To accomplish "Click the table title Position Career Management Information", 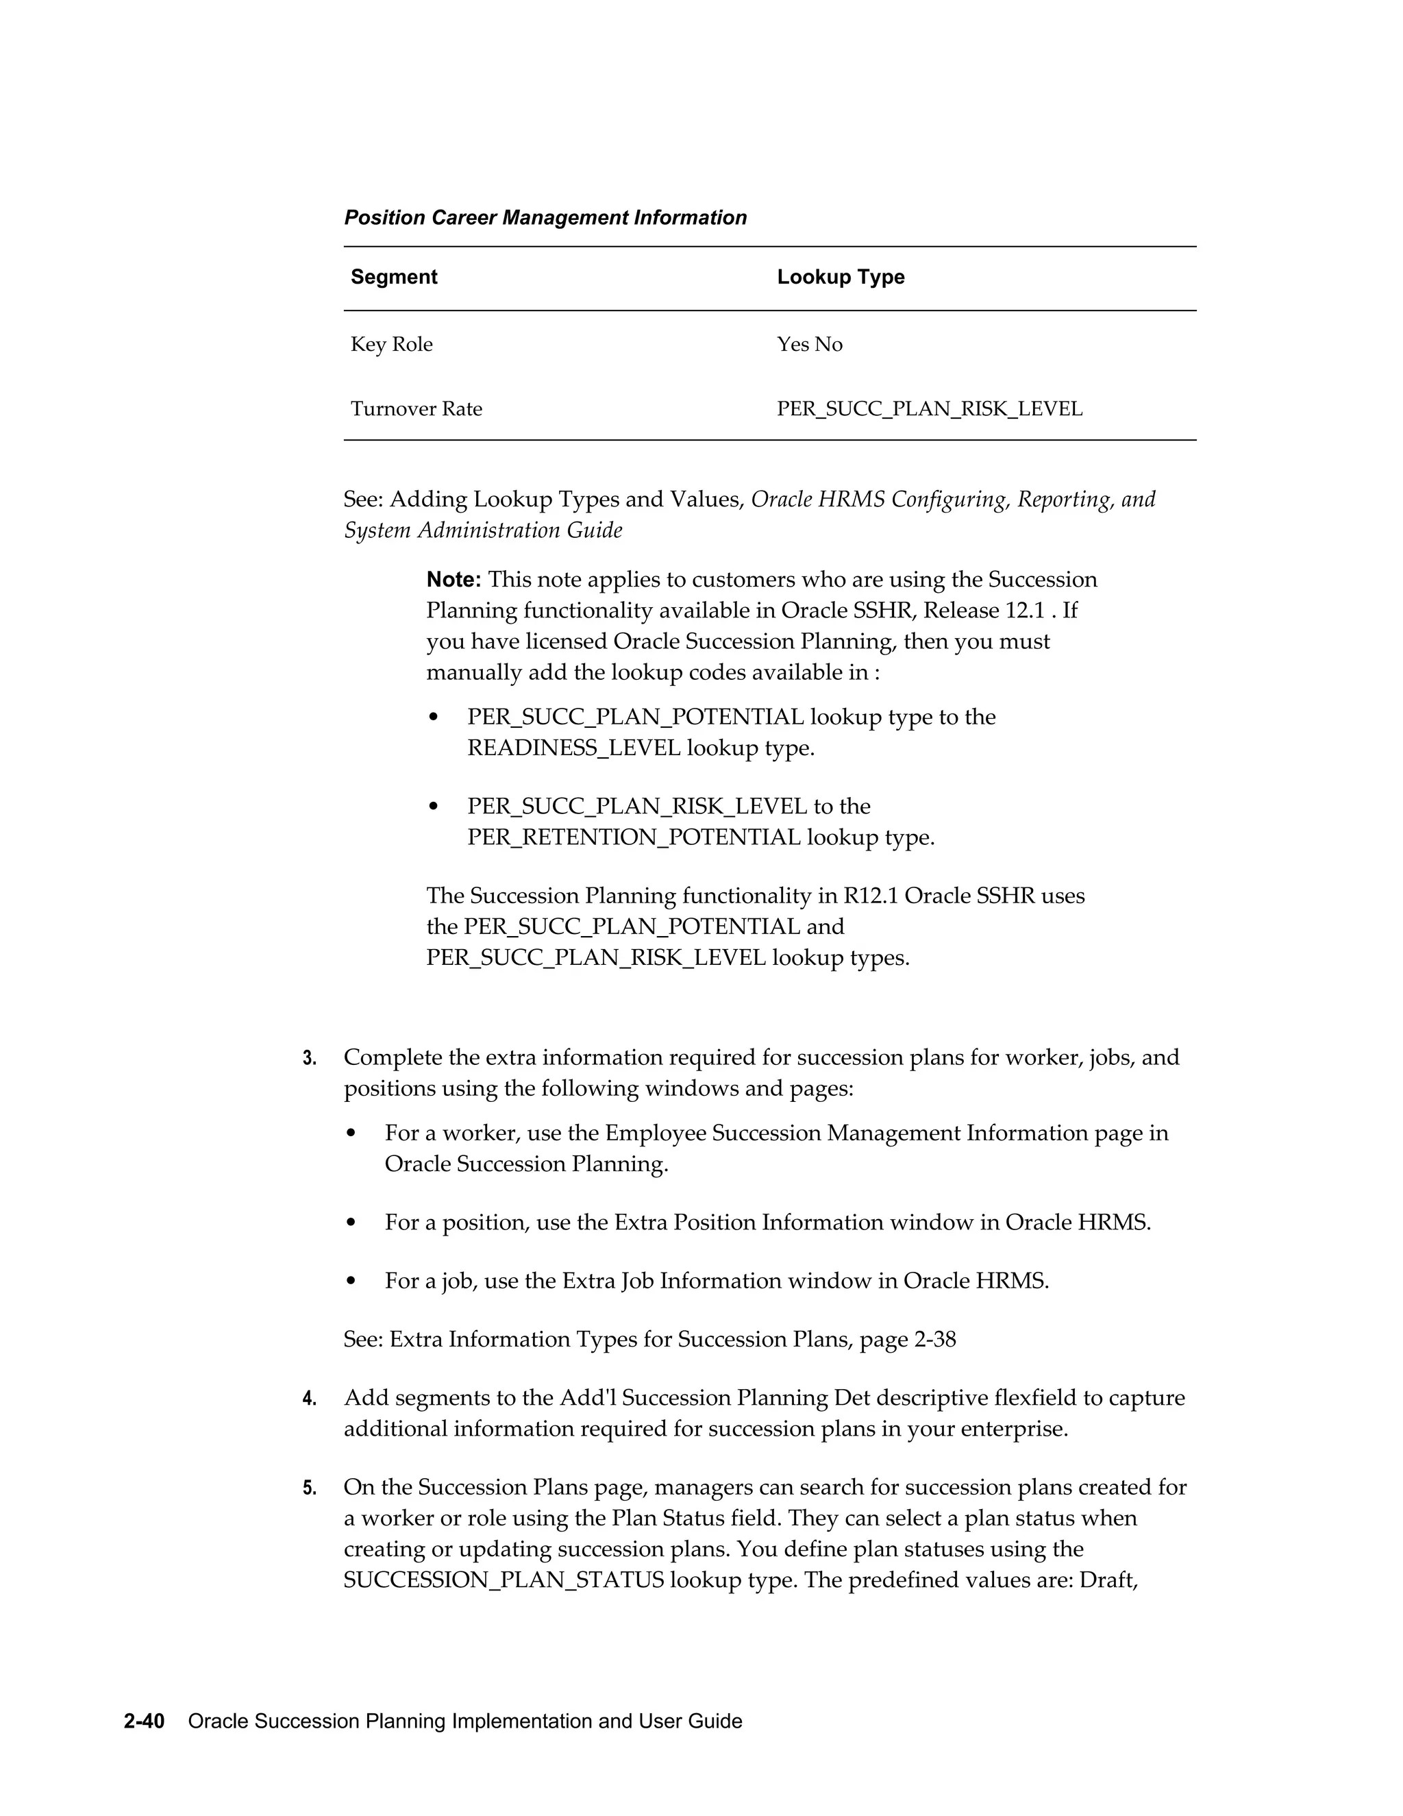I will click(545, 218).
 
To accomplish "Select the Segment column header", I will click(393, 277).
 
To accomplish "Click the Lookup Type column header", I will click(841, 277).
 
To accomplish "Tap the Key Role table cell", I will click(391, 344).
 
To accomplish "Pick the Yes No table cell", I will click(809, 344).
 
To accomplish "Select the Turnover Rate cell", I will click(416, 409).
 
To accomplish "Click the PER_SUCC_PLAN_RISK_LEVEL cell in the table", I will click(929, 409).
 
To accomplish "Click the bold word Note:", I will click(453, 580).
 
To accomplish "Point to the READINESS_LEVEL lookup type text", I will click(573, 748).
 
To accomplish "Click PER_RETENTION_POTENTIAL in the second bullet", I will click(634, 837).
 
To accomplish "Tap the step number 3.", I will click(309, 1059).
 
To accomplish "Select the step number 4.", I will click(309, 1399).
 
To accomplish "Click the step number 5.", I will click(309, 1488).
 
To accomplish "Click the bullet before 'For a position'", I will click(351, 1223).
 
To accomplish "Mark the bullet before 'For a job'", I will click(351, 1281).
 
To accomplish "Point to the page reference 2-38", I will click(934, 1340).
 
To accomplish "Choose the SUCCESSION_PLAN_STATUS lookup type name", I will click(503, 1580).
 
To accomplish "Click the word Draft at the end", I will click(1107, 1580).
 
